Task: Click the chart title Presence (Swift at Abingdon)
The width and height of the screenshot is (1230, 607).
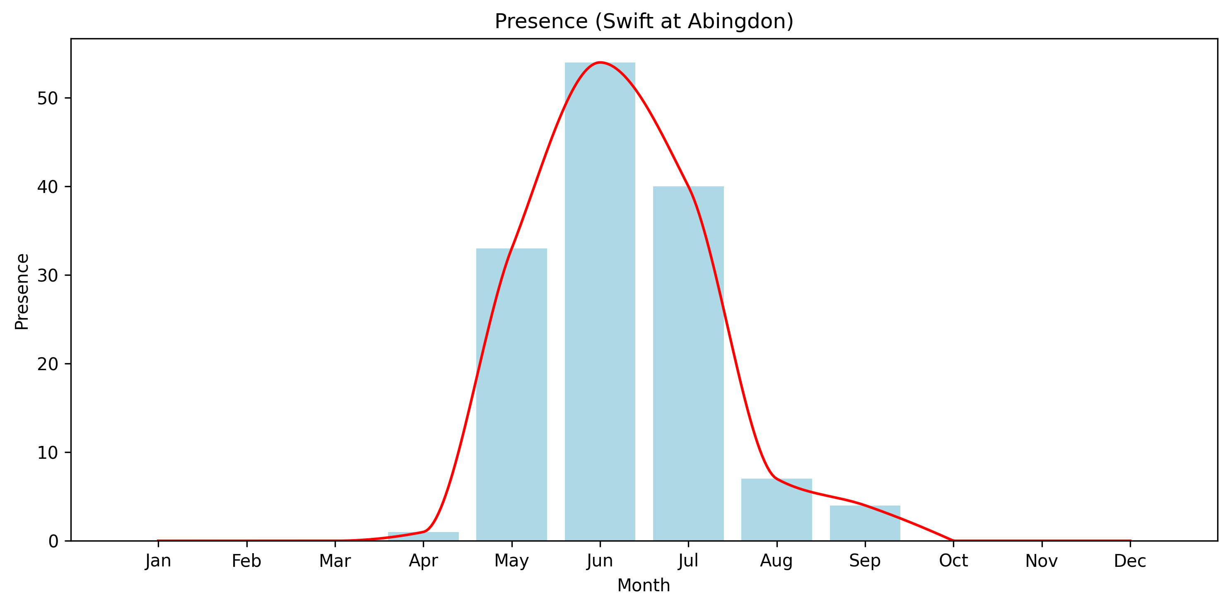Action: point(644,22)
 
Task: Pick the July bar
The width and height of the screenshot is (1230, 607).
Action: point(688,363)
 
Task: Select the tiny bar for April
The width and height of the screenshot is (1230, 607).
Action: point(423,536)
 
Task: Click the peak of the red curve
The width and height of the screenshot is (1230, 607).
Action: point(600,63)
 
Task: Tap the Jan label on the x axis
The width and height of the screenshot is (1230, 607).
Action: point(158,561)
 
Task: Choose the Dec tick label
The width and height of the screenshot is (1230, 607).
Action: point(1130,561)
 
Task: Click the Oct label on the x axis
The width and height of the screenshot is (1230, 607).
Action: point(953,561)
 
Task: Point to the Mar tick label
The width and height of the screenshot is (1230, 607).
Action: point(335,561)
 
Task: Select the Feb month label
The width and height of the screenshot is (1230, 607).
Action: point(246,561)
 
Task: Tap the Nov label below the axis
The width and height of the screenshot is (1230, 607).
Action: point(1042,561)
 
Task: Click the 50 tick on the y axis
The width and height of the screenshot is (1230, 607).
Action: point(47,98)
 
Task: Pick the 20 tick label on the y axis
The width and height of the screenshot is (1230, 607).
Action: point(47,364)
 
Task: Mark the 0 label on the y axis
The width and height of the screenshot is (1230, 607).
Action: point(53,541)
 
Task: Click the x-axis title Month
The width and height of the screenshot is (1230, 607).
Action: point(644,585)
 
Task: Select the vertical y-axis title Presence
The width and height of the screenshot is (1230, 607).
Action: point(22,291)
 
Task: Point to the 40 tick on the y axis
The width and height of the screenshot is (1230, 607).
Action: point(47,187)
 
